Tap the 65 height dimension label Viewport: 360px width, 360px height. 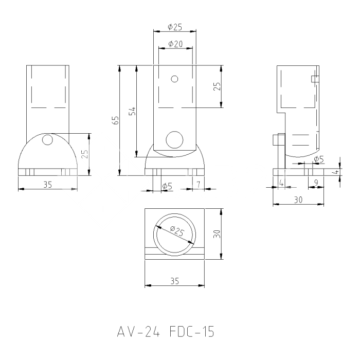(x=116, y=120)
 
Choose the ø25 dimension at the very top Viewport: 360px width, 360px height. (x=175, y=27)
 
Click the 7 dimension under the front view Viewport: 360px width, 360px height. (x=198, y=184)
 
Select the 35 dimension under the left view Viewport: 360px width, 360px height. (x=47, y=184)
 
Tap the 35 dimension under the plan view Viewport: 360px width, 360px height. (x=175, y=281)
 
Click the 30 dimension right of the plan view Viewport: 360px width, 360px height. (x=217, y=234)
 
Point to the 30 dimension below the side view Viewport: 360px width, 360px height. (x=298, y=200)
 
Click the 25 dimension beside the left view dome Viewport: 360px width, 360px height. (x=85, y=154)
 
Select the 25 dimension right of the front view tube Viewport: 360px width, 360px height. (x=217, y=86)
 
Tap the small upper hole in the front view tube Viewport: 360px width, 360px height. (x=175, y=79)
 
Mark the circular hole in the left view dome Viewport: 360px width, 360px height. (x=48, y=139)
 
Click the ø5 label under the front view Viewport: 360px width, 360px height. (x=167, y=185)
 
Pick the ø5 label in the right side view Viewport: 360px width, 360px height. (x=318, y=159)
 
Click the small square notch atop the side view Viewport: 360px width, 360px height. (x=315, y=79)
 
